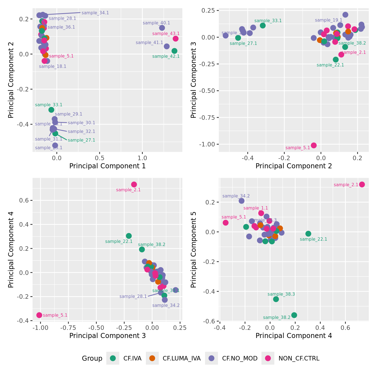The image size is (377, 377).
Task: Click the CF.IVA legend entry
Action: tap(132, 358)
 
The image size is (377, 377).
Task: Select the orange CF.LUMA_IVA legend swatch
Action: tap(152, 358)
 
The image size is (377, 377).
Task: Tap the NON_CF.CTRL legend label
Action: tap(299, 358)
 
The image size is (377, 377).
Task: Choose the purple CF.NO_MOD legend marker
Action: tap(212, 358)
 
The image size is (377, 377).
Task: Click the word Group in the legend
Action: tap(92, 358)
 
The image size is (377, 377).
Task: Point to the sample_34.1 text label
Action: tap(95, 13)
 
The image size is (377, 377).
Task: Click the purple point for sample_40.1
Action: tap(162, 28)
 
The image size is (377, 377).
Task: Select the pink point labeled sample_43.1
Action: tap(176, 39)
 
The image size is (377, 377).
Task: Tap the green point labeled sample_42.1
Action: tap(174, 51)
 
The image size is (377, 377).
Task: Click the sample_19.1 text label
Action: tap(328, 20)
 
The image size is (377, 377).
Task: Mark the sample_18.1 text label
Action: tap(53, 66)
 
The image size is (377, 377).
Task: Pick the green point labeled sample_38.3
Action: tap(276, 299)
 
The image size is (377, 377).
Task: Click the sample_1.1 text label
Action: tap(256, 208)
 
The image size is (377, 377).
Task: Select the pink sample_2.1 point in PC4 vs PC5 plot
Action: tap(362, 185)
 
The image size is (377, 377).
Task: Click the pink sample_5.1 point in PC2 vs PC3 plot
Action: tap(314, 145)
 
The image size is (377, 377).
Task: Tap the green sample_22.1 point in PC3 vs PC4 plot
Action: tap(129, 236)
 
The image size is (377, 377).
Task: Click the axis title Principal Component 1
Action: tap(107, 166)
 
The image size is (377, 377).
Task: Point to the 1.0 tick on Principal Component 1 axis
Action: tap(142, 158)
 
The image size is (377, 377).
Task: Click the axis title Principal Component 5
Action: tap(194, 249)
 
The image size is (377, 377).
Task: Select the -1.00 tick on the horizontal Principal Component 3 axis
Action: tap(41, 328)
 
